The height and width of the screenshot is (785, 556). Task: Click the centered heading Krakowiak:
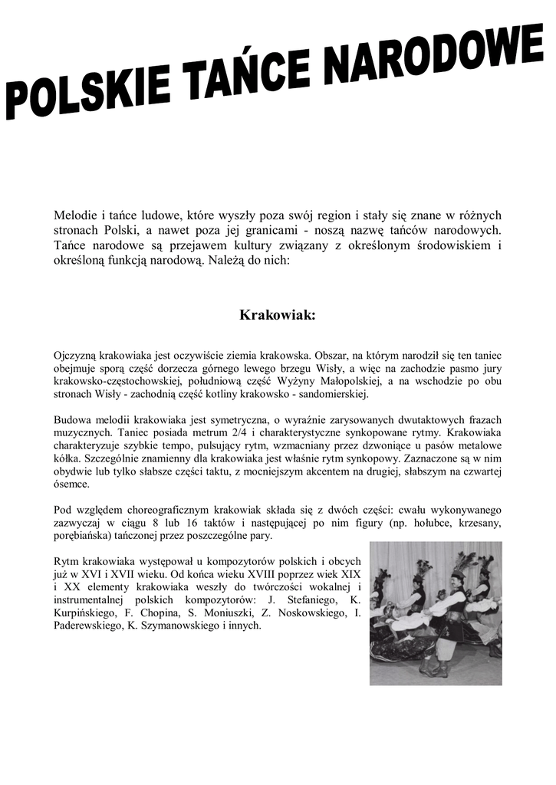pos(278,315)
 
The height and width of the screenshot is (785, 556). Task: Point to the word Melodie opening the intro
pos(77,215)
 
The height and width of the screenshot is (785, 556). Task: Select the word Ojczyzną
pos(75,356)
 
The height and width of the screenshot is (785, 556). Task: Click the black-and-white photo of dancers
pos(436,613)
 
